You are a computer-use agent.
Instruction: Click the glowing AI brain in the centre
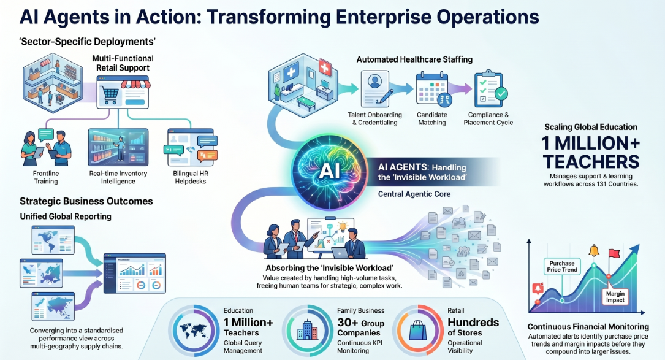[329, 170]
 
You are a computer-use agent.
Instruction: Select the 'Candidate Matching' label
[431, 118]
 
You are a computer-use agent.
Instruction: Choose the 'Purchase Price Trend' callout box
[561, 267]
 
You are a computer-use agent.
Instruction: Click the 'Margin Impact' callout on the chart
[615, 296]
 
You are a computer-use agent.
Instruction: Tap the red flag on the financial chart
[614, 254]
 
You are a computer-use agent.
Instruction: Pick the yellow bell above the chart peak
[594, 250]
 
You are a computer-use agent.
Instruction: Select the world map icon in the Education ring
[194, 330]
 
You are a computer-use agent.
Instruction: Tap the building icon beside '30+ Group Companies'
[307, 329]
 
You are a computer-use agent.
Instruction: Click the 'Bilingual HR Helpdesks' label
[191, 177]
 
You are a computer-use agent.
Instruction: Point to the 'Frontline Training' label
[46, 177]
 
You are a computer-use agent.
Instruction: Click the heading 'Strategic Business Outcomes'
[86, 201]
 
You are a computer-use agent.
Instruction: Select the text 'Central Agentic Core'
[414, 194]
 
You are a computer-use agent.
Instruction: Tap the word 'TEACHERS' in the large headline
[591, 162]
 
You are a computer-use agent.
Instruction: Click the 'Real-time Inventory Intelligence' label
[118, 177]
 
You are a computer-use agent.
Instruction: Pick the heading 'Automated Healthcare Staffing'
[414, 59]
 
